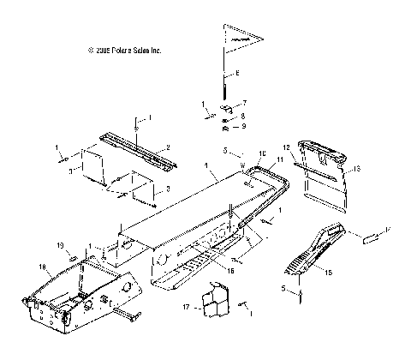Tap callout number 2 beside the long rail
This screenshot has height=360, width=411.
tap(168, 147)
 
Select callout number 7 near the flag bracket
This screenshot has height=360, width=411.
tap(244, 103)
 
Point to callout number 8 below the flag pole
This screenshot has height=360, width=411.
tap(243, 116)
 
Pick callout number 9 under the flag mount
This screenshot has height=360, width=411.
tap(243, 127)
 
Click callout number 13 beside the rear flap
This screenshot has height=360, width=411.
tap(357, 170)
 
